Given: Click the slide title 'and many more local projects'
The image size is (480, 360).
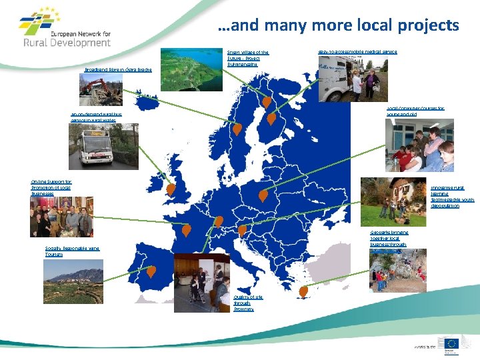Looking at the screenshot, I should [x=338, y=25].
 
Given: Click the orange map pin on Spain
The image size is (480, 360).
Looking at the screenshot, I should [x=151, y=271].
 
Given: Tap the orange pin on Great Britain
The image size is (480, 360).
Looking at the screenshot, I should [x=171, y=190].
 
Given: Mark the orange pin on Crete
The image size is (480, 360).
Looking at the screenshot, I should [x=303, y=291].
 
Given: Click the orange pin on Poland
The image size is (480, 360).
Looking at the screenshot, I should [x=263, y=197].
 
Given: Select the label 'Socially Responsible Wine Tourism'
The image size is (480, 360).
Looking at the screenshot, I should [x=72, y=251].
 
